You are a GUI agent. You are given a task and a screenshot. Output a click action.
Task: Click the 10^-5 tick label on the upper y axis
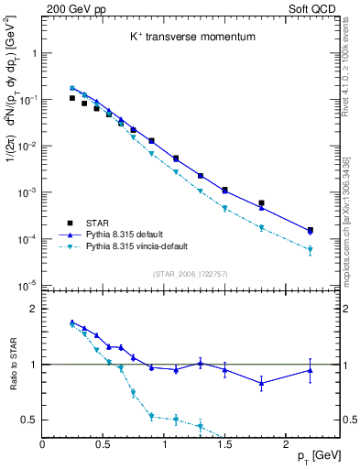point(27,286)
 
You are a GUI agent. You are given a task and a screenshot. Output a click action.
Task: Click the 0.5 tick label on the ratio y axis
point(27,420)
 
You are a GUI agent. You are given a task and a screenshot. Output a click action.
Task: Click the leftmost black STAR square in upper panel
point(72,98)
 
